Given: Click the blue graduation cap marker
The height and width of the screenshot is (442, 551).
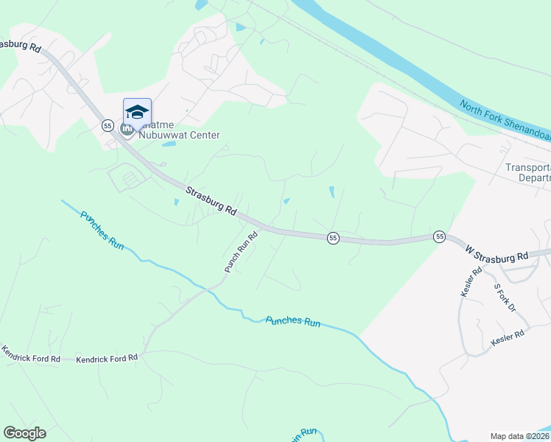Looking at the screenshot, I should point(137,112).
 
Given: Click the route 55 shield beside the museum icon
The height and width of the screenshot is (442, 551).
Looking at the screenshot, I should point(108,127).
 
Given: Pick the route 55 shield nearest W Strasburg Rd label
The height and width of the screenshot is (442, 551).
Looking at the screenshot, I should point(440,236).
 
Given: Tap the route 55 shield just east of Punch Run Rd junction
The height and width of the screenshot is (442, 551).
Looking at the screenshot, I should point(333,238).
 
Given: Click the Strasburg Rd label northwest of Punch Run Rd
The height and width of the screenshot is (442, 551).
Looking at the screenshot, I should point(211,200).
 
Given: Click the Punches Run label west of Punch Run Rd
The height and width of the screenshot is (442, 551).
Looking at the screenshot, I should point(102,229).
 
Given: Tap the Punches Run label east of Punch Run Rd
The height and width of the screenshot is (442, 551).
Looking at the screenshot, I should point(293,322).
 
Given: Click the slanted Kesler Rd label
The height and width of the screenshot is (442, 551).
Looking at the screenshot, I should point(471,281).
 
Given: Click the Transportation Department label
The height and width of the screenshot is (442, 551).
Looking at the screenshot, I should point(528,172).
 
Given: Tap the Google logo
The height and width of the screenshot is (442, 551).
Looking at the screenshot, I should point(24,433).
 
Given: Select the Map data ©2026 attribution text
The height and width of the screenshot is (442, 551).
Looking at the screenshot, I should point(520,436).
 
